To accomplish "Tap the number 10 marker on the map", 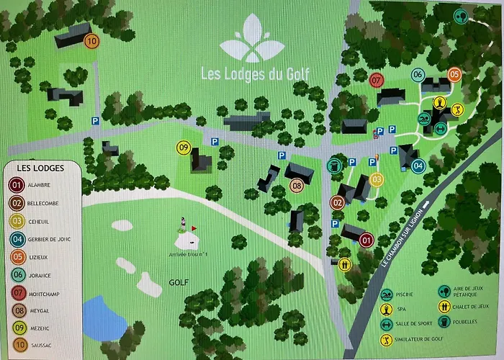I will click(x=91, y=41).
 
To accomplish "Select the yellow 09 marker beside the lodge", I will click(x=184, y=148).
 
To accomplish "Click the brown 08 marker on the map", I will click(x=297, y=186).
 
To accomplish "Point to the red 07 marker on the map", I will click(x=376, y=80).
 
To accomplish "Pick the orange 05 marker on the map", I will click(x=454, y=74).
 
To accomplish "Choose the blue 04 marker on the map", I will click(x=419, y=166).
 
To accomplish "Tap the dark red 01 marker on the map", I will click(x=366, y=240).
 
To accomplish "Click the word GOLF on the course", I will click(x=178, y=282).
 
